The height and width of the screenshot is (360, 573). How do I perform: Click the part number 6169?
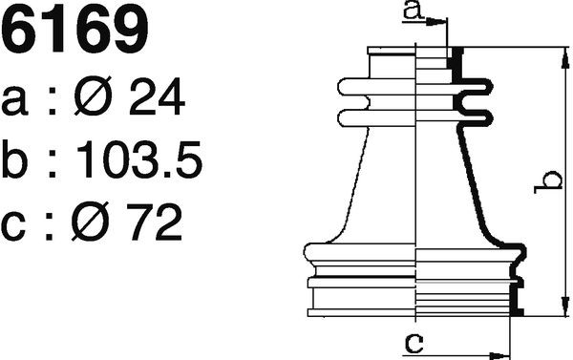74,31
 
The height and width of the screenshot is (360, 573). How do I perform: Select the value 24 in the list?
158,96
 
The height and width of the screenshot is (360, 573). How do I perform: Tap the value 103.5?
139,159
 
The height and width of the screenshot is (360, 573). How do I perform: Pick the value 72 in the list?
154,222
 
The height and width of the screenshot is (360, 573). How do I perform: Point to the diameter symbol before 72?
91,222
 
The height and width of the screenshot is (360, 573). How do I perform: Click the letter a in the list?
14,101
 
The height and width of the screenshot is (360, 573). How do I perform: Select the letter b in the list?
14,159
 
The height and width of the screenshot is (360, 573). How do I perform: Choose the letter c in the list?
13,226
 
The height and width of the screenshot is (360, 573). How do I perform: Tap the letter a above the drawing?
414,11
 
